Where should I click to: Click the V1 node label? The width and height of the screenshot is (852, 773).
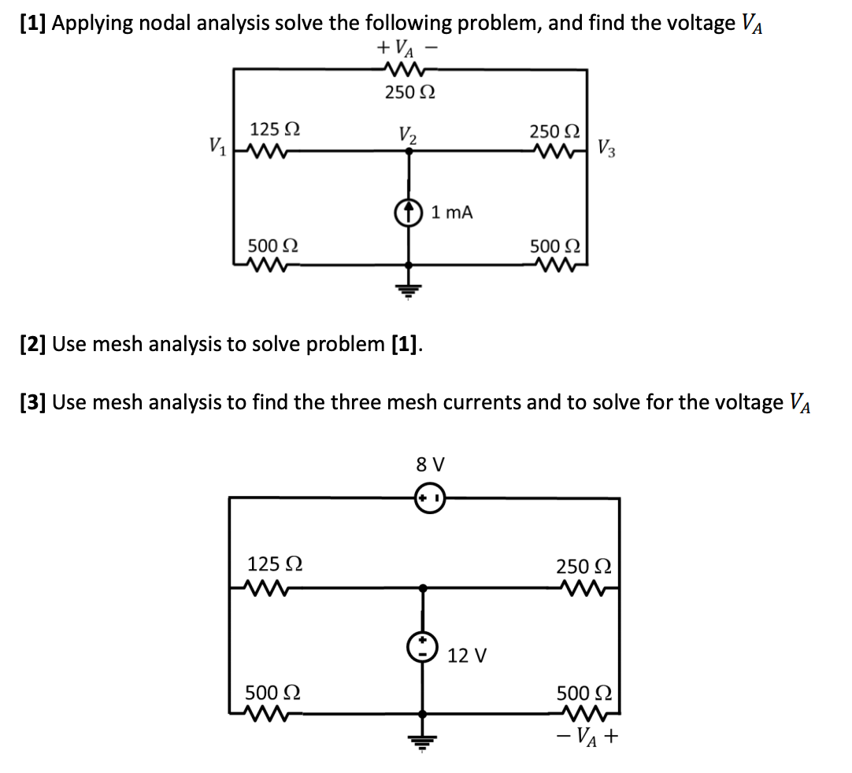point(214,146)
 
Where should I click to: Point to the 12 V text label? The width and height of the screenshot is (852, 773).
point(468,655)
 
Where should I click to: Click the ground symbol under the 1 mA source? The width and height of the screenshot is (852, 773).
point(407,289)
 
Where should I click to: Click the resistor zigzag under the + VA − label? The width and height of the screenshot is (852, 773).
point(407,69)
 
